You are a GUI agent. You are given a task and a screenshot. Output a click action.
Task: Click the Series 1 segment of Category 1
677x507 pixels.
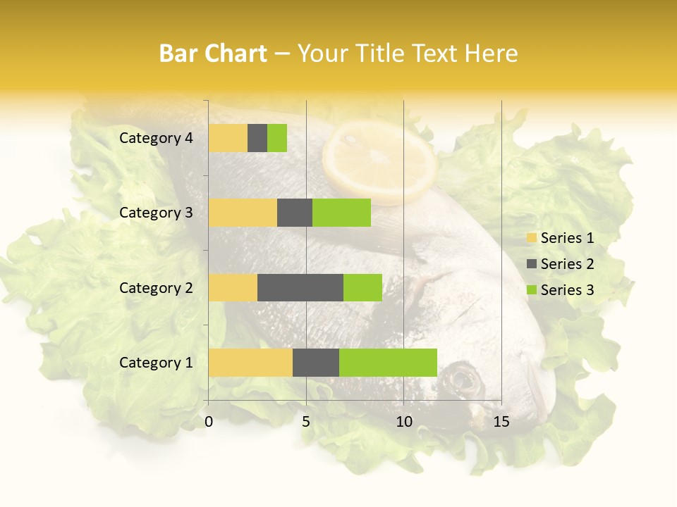point(250,362)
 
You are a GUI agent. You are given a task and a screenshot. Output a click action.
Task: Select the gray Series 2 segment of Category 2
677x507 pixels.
point(300,287)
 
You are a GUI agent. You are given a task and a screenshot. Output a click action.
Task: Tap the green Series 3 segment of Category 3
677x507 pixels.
point(341,213)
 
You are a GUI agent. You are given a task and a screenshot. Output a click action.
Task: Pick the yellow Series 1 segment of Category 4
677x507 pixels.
point(228,138)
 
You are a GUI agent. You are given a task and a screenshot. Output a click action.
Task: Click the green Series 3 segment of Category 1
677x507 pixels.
point(388,362)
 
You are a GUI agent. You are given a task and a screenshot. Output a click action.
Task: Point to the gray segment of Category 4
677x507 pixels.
point(257,138)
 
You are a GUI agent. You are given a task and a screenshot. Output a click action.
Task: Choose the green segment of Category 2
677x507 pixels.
point(362,287)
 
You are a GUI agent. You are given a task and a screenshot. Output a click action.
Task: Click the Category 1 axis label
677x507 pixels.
point(156,363)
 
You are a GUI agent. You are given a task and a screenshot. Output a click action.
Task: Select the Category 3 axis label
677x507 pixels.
point(156,213)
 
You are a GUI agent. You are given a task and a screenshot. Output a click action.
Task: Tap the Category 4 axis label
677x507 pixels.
point(156,138)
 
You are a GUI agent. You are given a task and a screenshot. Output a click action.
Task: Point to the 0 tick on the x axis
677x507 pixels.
point(209,422)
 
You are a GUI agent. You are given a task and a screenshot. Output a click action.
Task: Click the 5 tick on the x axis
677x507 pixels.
point(306,422)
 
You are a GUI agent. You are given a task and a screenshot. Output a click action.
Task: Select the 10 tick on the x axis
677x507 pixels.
point(403,422)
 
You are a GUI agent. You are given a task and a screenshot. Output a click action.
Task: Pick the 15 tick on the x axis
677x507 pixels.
point(501,422)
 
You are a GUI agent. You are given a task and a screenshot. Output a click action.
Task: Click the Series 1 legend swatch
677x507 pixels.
point(531,238)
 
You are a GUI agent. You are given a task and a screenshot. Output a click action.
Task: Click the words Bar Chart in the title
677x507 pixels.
point(213,54)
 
